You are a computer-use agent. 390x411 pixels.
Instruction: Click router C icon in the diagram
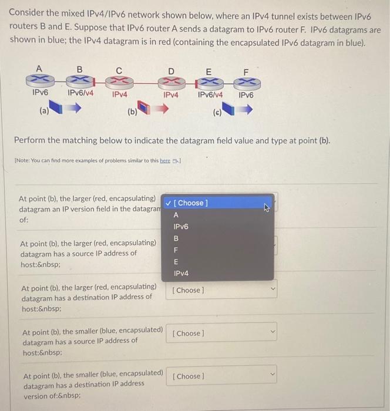(119, 81)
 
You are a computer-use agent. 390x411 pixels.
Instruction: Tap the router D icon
(171, 81)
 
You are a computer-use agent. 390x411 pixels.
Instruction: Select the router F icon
(246, 81)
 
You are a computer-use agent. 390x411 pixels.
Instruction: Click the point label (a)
(43, 109)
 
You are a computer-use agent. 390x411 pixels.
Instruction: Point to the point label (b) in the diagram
(132, 110)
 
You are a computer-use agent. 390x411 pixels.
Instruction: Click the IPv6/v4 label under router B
(79, 93)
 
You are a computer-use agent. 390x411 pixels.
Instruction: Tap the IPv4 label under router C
(120, 93)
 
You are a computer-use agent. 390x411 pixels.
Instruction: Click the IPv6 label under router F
(246, 95)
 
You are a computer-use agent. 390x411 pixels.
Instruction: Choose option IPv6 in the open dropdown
(180, 227)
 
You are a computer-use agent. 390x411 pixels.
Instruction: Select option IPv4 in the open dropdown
(181, 274)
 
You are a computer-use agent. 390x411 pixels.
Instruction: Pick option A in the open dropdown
(176, 215)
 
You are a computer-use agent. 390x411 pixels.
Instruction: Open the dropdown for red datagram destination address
(223, 290)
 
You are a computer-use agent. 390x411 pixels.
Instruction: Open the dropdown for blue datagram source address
(223, 333)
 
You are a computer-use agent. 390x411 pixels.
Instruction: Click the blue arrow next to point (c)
(245, 109)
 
